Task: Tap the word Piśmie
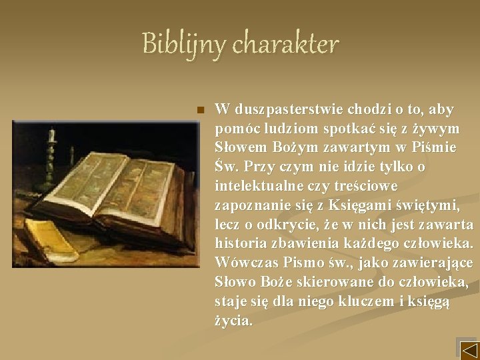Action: click(434, 147)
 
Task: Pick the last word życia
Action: click(234, 321)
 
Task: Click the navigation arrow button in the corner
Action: click(469, 349)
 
